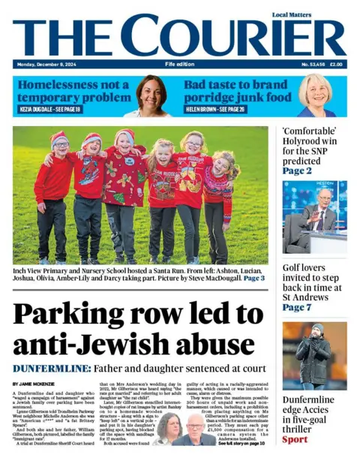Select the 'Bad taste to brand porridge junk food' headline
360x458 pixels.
pos(237,91)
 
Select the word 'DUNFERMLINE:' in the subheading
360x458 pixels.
pos(51,369)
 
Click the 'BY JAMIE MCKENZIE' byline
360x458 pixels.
pos(34,384)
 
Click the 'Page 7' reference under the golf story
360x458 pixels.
pos(297,308)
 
